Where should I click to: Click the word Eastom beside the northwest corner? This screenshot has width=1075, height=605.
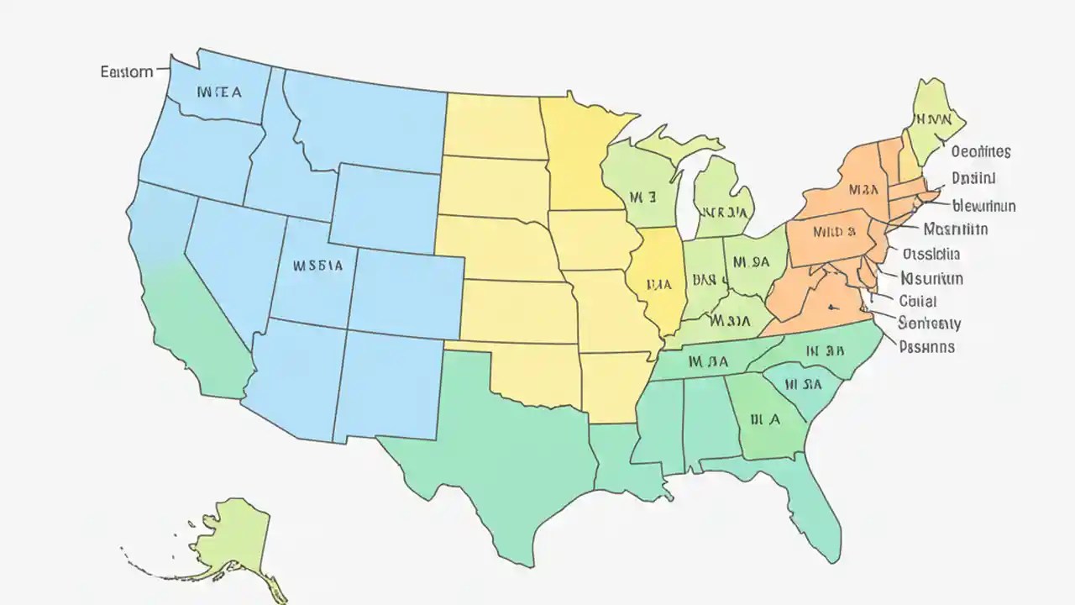(x=127, y=71)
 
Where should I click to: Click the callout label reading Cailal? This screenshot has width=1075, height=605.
(x=917, y=301)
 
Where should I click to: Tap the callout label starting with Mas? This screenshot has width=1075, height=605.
(x=955, y=229)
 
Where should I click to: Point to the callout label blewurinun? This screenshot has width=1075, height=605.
(x=984, y=205)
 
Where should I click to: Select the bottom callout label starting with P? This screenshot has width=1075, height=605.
(x=926, y=345)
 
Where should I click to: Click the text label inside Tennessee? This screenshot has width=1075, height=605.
(x=707, y=362)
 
